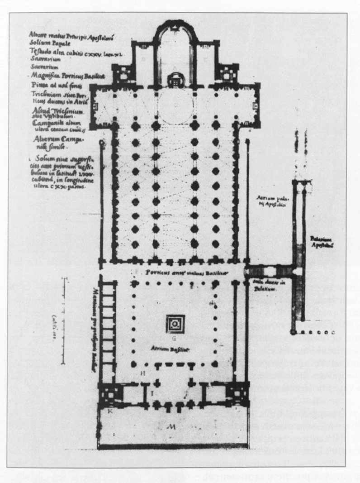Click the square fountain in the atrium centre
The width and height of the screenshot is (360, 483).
point(174,323)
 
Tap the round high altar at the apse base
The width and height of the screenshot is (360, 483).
point(173,80)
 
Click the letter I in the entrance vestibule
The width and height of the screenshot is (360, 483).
point(152,393)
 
